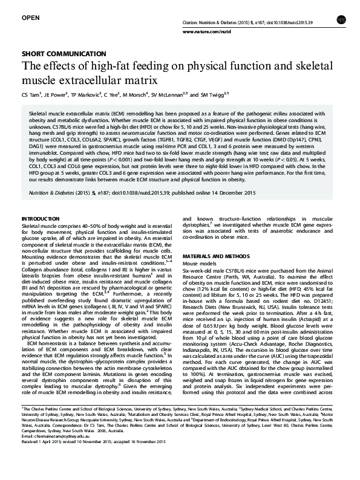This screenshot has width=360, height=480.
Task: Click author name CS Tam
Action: click(x=30, y=96)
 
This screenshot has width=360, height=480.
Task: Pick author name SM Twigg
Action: click(x=212, y=96)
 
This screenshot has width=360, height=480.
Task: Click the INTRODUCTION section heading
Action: click(x=41, y=218)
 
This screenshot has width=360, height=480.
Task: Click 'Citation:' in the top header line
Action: click(x=191, y=22)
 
